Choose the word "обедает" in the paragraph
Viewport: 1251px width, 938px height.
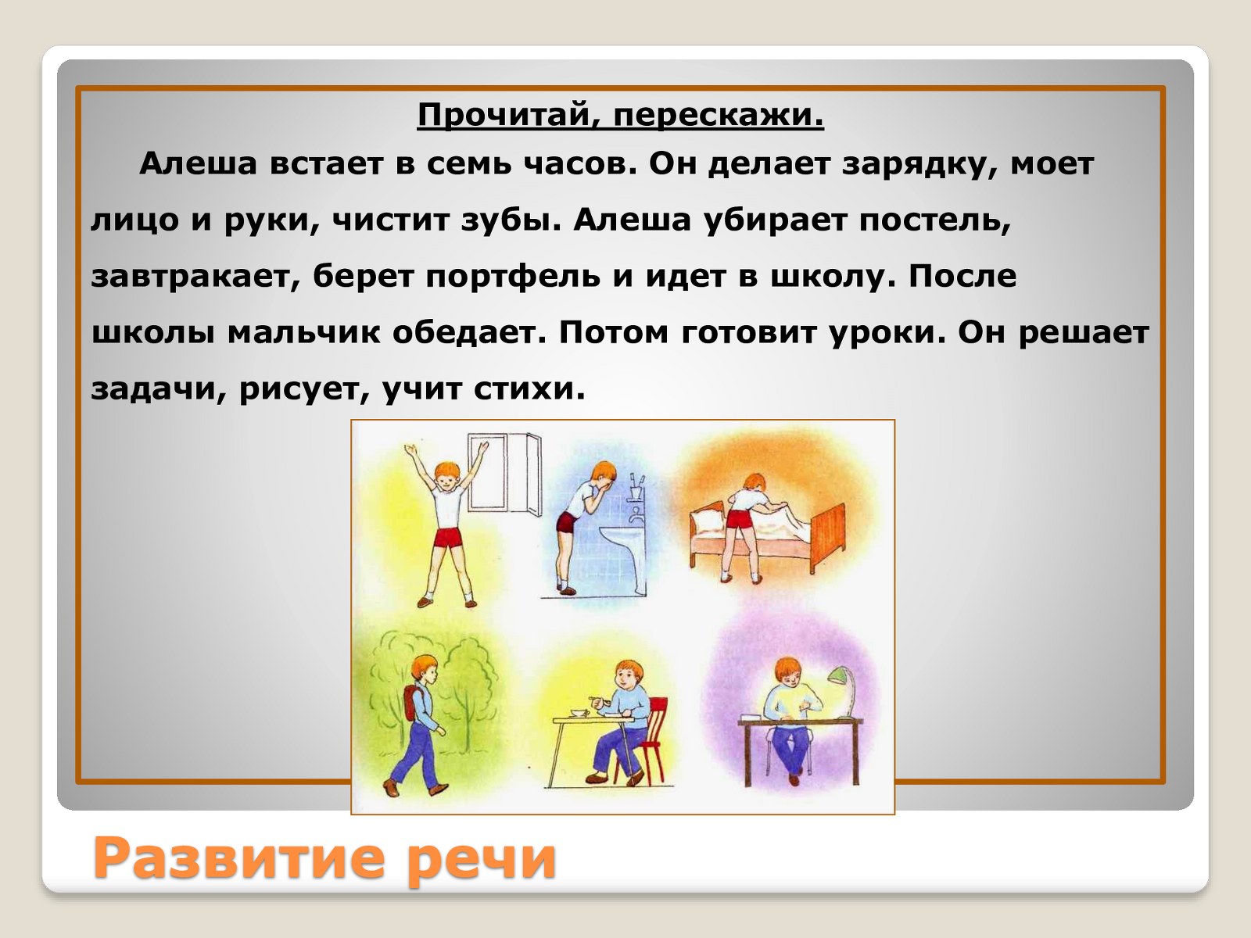click(468, 333)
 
